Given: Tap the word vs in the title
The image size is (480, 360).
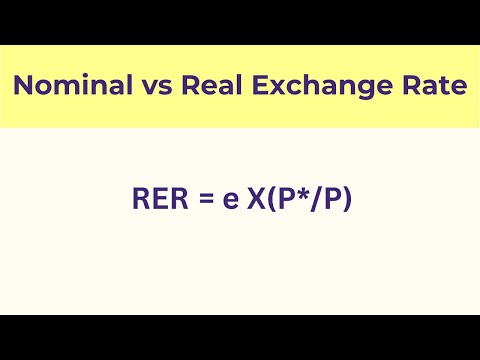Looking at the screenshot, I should [x=146, y=87].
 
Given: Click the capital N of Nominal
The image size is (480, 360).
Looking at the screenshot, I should [x=23, y=87].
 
